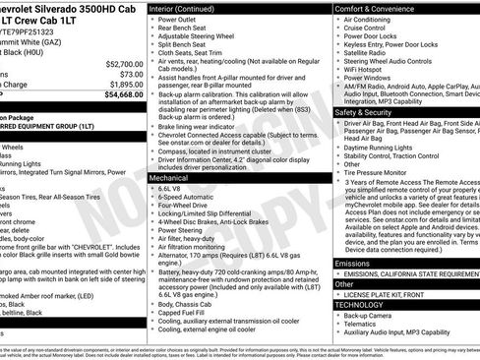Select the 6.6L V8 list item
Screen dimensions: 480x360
click(169, 188)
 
